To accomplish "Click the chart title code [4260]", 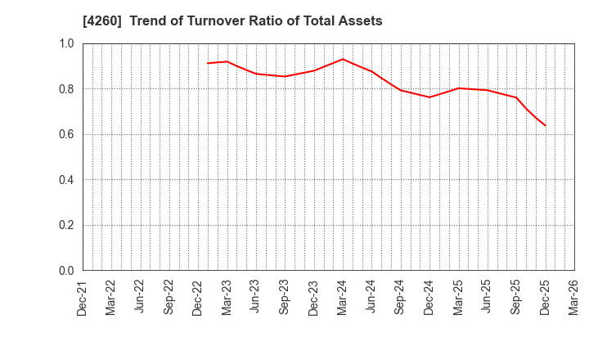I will tap(99, 21).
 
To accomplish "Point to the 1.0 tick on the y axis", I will tap(66, 43).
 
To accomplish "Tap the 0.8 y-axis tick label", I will tap(66, 89).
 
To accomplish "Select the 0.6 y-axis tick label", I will tap(66, 134).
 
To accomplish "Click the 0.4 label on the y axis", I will tap(66, 180).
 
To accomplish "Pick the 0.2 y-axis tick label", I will tap(66, 225).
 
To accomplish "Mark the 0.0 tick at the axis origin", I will tap(66, 271).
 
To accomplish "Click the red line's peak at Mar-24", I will tap(343, 59).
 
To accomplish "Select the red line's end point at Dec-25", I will tap(545, 125).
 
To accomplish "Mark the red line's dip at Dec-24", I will tap(429, 97).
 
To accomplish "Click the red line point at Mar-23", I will tap(227, 61).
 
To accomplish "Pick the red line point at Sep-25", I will tap(516, 97).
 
